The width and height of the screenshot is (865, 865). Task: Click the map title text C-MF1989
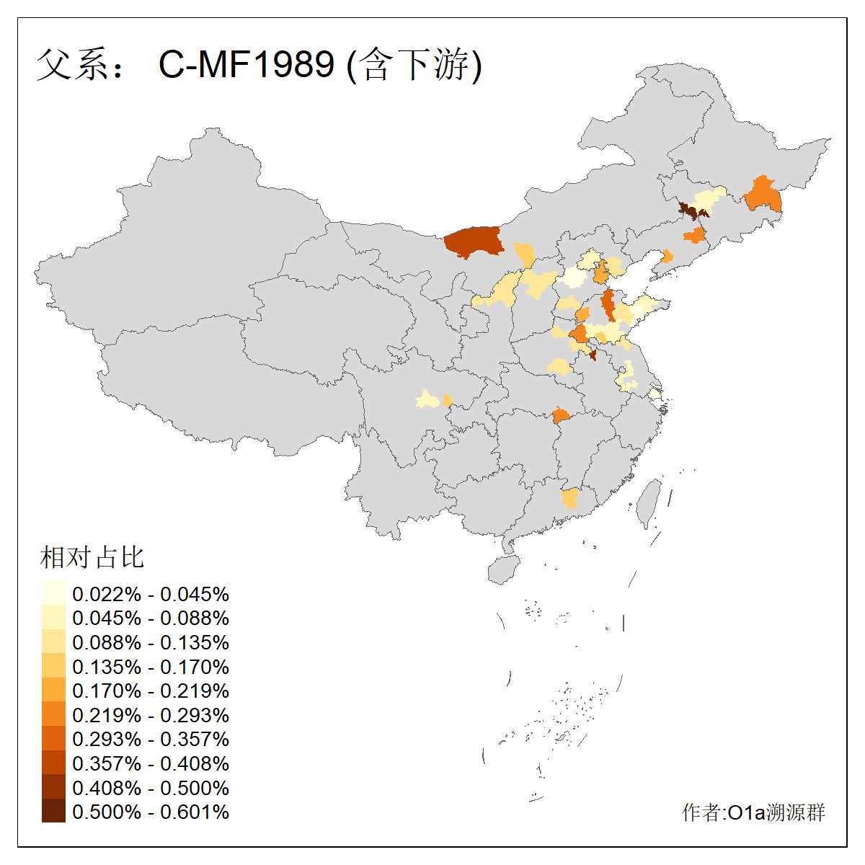[247, 64]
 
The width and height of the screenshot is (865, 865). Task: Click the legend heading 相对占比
[92, 557]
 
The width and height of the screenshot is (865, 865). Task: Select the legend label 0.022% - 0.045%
[151, 594]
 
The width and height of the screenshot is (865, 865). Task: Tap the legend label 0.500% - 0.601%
[151, 812]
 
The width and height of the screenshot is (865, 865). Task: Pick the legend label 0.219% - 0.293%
[151, 715]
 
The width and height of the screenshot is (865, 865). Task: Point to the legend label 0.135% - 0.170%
[151, 667]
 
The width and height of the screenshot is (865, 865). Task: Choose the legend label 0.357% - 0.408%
[151, 763]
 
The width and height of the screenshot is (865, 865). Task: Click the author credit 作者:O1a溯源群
[753, 813]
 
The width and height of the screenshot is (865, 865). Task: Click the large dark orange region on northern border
[473, 241]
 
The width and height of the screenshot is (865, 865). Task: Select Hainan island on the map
[504, 569]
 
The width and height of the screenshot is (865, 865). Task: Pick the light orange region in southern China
[570, 498]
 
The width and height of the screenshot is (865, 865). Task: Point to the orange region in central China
[560, 414]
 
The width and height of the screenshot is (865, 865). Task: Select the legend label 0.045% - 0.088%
[151, 618]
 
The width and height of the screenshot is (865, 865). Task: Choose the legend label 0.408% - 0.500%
[151, 788]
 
